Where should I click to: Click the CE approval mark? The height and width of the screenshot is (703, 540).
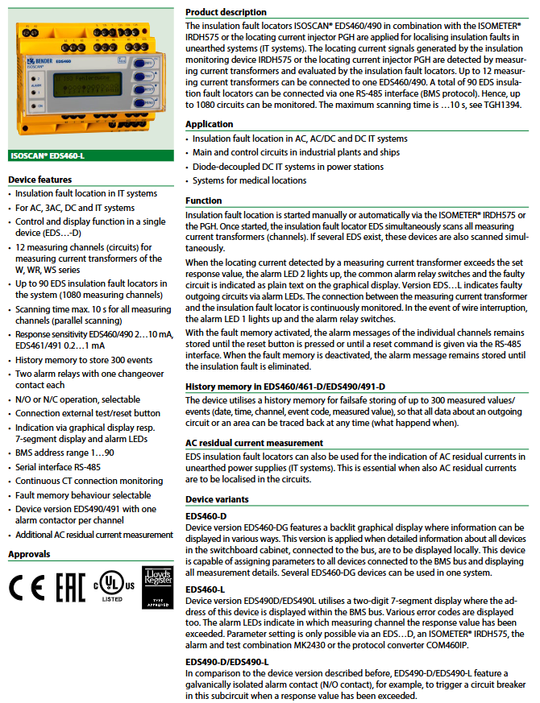click(x=27, y=589)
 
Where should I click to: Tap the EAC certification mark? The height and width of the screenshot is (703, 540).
click(x=70, y=589)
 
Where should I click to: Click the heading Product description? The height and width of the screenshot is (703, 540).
click(x=226, y=13)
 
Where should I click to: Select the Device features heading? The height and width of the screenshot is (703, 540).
click(x=39, y=180)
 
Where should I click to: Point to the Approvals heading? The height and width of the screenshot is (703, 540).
click(x=29, y=554)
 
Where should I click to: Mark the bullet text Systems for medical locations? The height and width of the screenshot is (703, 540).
click(x=249, y=181)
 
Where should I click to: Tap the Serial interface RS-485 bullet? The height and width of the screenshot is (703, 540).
click(x=58, y=466)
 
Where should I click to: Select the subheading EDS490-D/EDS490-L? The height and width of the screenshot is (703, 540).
click(x=227, y=661)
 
